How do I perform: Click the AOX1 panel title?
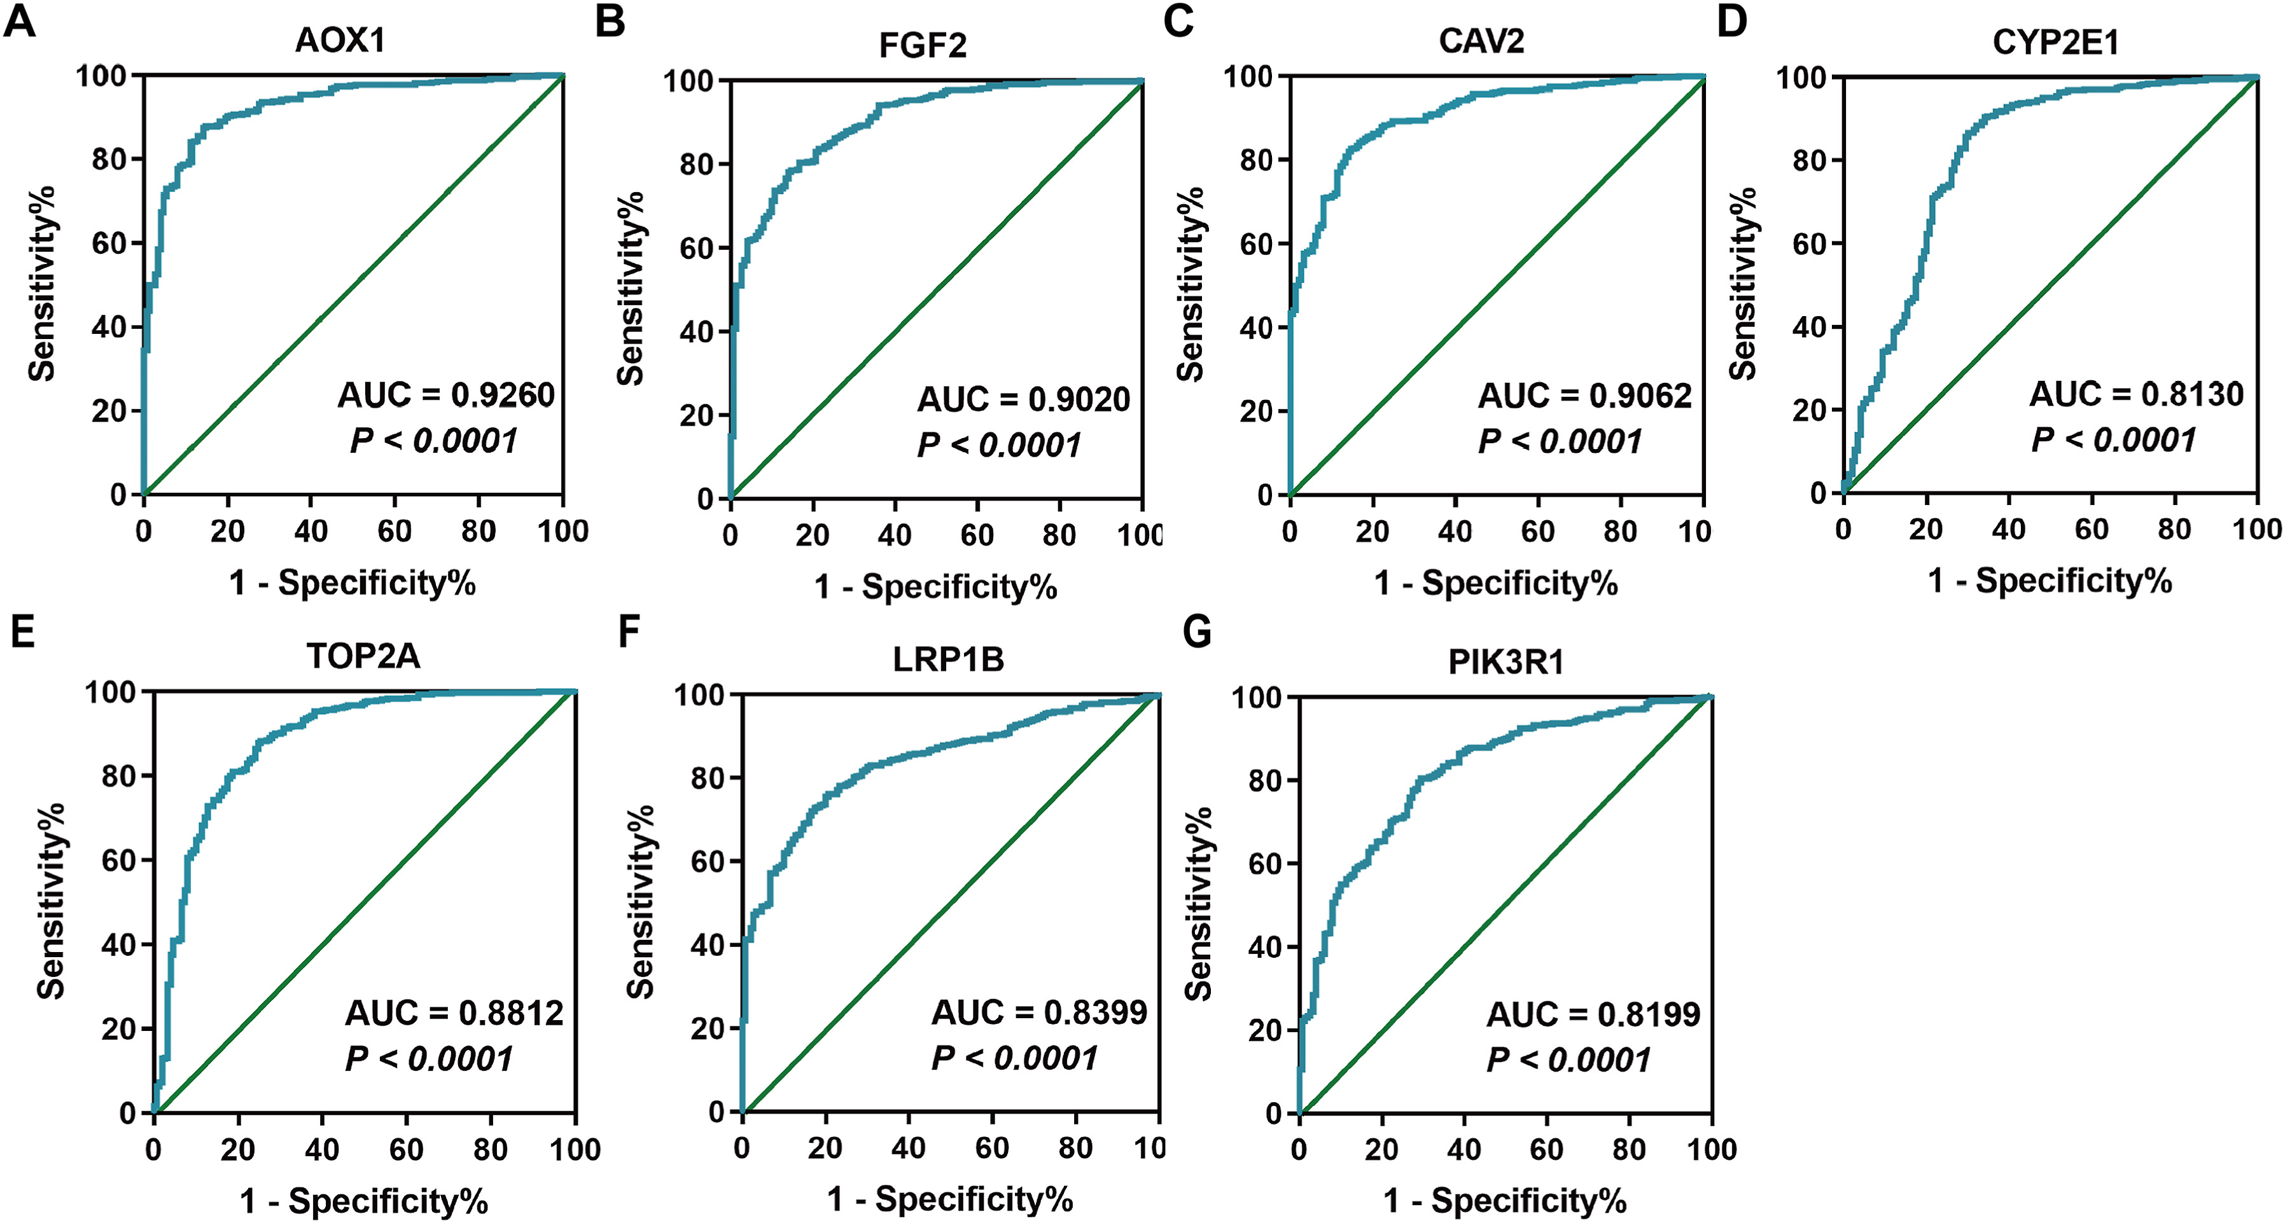(x=340, y=41)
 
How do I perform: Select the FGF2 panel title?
(x=923, y=45)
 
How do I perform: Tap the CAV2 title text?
(x=1481, y=41)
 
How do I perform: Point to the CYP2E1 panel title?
(x=2055, y=43)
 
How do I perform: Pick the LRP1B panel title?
(x=948, y=659)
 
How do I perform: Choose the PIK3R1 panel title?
(x=1506, y=661)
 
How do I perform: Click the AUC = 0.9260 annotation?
(x=446, y=395)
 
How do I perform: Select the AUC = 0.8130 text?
(x=2136, y=394)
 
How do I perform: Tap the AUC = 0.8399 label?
(x=1038, y=1012)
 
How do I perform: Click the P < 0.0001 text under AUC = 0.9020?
(x=999, y=445)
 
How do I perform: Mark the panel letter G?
(x=1198, y=632)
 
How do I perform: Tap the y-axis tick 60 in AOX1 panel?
(x=110, y=243)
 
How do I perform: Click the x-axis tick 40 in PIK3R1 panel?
(x=1464, y=1149)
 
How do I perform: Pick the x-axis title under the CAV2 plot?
(x=1495, y=583)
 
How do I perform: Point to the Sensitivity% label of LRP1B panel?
(x=640, y=902)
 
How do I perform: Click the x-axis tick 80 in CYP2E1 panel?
(x=2174, y=530)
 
